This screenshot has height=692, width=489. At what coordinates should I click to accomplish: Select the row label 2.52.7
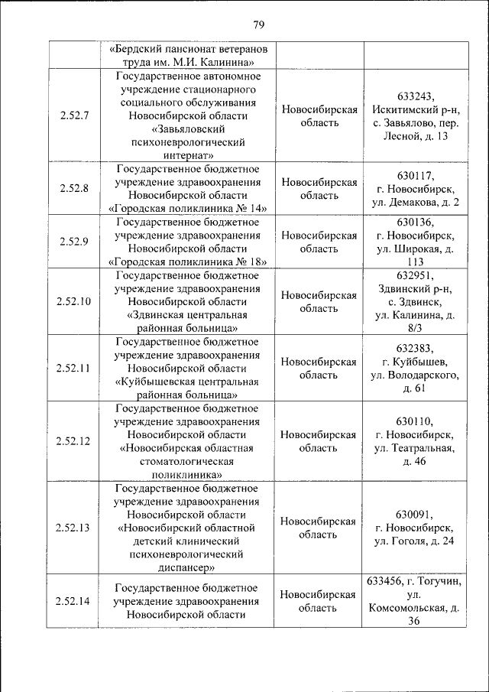pos(73,116)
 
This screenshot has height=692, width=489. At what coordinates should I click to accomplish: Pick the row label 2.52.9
pos(73,242)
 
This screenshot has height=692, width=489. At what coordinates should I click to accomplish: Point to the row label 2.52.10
pos(73,301)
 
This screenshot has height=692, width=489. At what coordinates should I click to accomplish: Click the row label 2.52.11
pos(73,368)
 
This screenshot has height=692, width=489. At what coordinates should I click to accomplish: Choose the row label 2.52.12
pos(73,441)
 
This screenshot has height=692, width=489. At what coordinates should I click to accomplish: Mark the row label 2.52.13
pos(73,528)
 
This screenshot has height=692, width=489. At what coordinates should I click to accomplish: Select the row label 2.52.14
pos(73,601)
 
